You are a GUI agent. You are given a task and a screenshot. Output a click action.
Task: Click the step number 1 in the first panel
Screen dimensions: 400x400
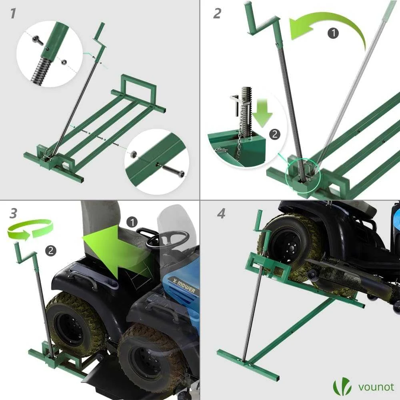tap(13, 14)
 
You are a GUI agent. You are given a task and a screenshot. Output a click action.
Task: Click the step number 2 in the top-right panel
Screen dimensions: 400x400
tap(217, 13)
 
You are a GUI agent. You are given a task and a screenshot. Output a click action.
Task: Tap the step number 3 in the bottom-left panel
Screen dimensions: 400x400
tap(14, 214)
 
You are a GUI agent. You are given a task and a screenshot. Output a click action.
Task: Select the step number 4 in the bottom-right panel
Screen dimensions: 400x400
tap(221, 214)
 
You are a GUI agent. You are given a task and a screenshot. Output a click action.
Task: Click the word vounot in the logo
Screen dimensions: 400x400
tap(376, 387)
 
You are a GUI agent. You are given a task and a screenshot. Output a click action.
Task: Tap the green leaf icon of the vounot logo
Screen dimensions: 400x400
tap(342, 387)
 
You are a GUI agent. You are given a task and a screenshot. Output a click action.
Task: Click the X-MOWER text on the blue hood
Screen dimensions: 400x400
tap(184, 286)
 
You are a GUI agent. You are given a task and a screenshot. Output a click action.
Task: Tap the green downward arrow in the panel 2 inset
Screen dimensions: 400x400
tap(263, 112)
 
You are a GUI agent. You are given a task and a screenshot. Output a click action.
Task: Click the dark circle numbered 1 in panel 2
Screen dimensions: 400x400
tap(333, 33)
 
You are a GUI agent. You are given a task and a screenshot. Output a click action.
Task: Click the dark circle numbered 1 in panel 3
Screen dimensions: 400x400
tap(132, 222)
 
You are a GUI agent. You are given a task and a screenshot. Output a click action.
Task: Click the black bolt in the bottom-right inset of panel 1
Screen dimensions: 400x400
tap(174, 170)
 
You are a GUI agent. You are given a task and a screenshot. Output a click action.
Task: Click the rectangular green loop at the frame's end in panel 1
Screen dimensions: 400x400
tap(138, 84)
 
